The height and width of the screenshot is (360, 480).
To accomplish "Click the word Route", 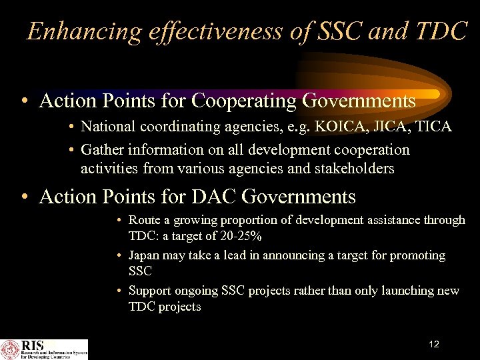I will pyautogui.click(x=144, y=220).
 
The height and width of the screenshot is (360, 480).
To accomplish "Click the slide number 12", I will pyautogui.click(x=434, y=345).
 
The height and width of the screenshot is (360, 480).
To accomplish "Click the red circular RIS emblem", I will pyautogui.click(x=11, y=349).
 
